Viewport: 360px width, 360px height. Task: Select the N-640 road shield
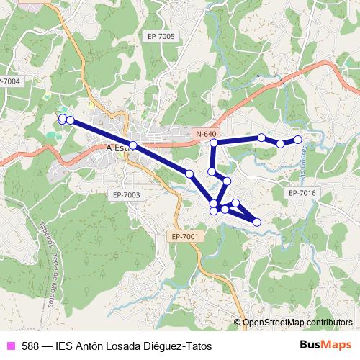(205, 135)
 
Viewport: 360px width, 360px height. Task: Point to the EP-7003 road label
(126, 194)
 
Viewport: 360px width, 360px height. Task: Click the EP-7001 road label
(186, 236)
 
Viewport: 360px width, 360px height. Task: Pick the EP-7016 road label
(302, 193)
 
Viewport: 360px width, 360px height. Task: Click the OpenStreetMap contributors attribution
(297, 323)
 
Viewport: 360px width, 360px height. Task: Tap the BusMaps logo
(325, 346)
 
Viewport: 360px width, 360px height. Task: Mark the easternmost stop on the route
(297, 140)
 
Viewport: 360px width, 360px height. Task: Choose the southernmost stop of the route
(257, 222)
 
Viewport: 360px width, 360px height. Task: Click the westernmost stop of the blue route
(63, 118)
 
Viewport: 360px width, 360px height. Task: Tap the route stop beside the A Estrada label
(133, 145)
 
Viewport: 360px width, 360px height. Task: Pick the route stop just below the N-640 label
(213, 144)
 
